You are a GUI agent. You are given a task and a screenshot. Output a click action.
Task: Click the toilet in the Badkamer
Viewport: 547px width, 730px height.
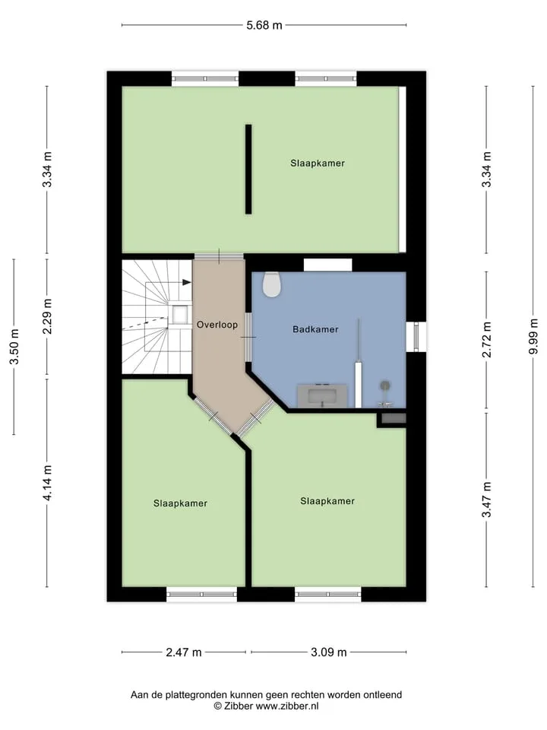coord(272,284)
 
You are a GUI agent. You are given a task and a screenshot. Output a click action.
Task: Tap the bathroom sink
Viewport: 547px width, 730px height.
coord(322,396)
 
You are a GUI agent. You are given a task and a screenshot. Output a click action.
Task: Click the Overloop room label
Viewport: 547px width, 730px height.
coord(217,325)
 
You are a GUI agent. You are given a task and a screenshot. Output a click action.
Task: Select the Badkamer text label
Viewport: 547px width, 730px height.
coord(315,329)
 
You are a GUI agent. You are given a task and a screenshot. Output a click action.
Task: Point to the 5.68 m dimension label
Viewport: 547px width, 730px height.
coord(264,25)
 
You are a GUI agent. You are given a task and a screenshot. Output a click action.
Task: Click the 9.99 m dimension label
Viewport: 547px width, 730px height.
coord(533,336)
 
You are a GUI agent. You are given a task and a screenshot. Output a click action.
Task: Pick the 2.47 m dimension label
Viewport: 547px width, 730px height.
coord(184,652)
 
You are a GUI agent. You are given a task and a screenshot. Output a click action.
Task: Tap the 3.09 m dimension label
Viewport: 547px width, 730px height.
coord(329,652)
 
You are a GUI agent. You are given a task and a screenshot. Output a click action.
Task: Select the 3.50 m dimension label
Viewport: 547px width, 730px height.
coord(14,347)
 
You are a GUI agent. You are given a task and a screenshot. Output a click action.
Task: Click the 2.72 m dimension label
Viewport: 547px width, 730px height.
coord(486,339)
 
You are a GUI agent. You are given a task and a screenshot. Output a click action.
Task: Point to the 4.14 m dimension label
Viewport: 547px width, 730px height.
coord(47,483)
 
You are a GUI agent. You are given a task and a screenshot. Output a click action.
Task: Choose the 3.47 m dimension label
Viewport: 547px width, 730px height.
coord(486,500)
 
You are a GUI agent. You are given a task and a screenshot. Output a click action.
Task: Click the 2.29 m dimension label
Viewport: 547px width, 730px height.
coord(47,316)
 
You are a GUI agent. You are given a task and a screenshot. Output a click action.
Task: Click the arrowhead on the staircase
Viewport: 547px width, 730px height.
coord(187,282)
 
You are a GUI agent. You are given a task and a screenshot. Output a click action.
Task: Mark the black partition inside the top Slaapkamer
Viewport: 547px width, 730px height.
coord(248,169)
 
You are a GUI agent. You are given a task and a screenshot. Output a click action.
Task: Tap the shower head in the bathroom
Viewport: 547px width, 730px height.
coord(385,386)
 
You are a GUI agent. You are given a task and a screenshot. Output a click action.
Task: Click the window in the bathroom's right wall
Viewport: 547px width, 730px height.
coord(416,337)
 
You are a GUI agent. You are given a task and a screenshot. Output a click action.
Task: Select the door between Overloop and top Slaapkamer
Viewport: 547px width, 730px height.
coord(219,256)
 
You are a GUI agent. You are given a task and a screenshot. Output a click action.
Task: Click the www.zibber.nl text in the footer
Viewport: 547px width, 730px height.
coord(287,706)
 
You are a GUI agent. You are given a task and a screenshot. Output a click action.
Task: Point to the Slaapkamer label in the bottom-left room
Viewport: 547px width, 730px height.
coord(181,503)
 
